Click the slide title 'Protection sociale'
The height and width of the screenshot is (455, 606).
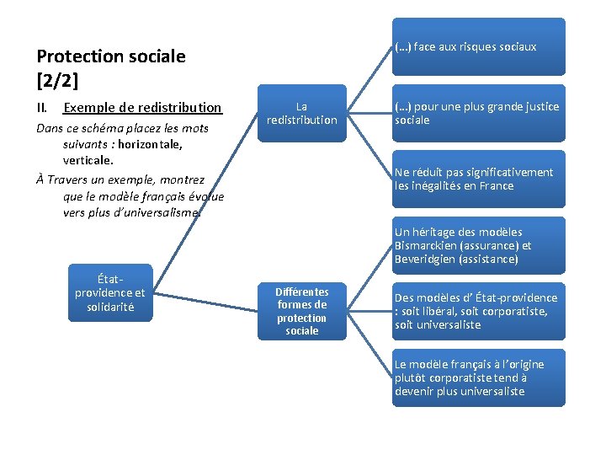point(111,57)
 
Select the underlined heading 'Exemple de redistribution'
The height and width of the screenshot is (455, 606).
point(142,108)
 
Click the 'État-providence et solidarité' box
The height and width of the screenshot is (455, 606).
point(109,293)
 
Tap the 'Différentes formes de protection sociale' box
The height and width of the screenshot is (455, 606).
point(301,311)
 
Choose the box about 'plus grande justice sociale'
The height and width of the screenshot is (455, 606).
point(478,113)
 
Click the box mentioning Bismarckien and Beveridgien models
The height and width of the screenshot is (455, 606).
point(478,245)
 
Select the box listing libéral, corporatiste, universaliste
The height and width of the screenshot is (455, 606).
point(478,311)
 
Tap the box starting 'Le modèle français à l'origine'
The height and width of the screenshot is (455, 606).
point(478,377)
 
